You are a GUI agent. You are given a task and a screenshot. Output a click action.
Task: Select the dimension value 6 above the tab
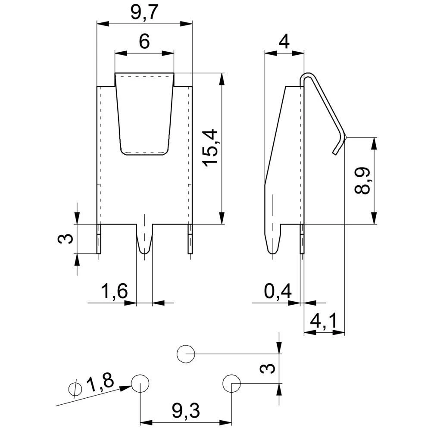(144, 42)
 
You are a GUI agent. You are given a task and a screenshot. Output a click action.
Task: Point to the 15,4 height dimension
(211, 148)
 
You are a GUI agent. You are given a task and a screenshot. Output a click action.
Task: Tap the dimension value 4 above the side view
(284, 42)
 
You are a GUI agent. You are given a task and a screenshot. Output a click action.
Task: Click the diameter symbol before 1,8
(75, 388)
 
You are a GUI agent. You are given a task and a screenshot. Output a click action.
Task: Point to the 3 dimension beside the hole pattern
(268, 369)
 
